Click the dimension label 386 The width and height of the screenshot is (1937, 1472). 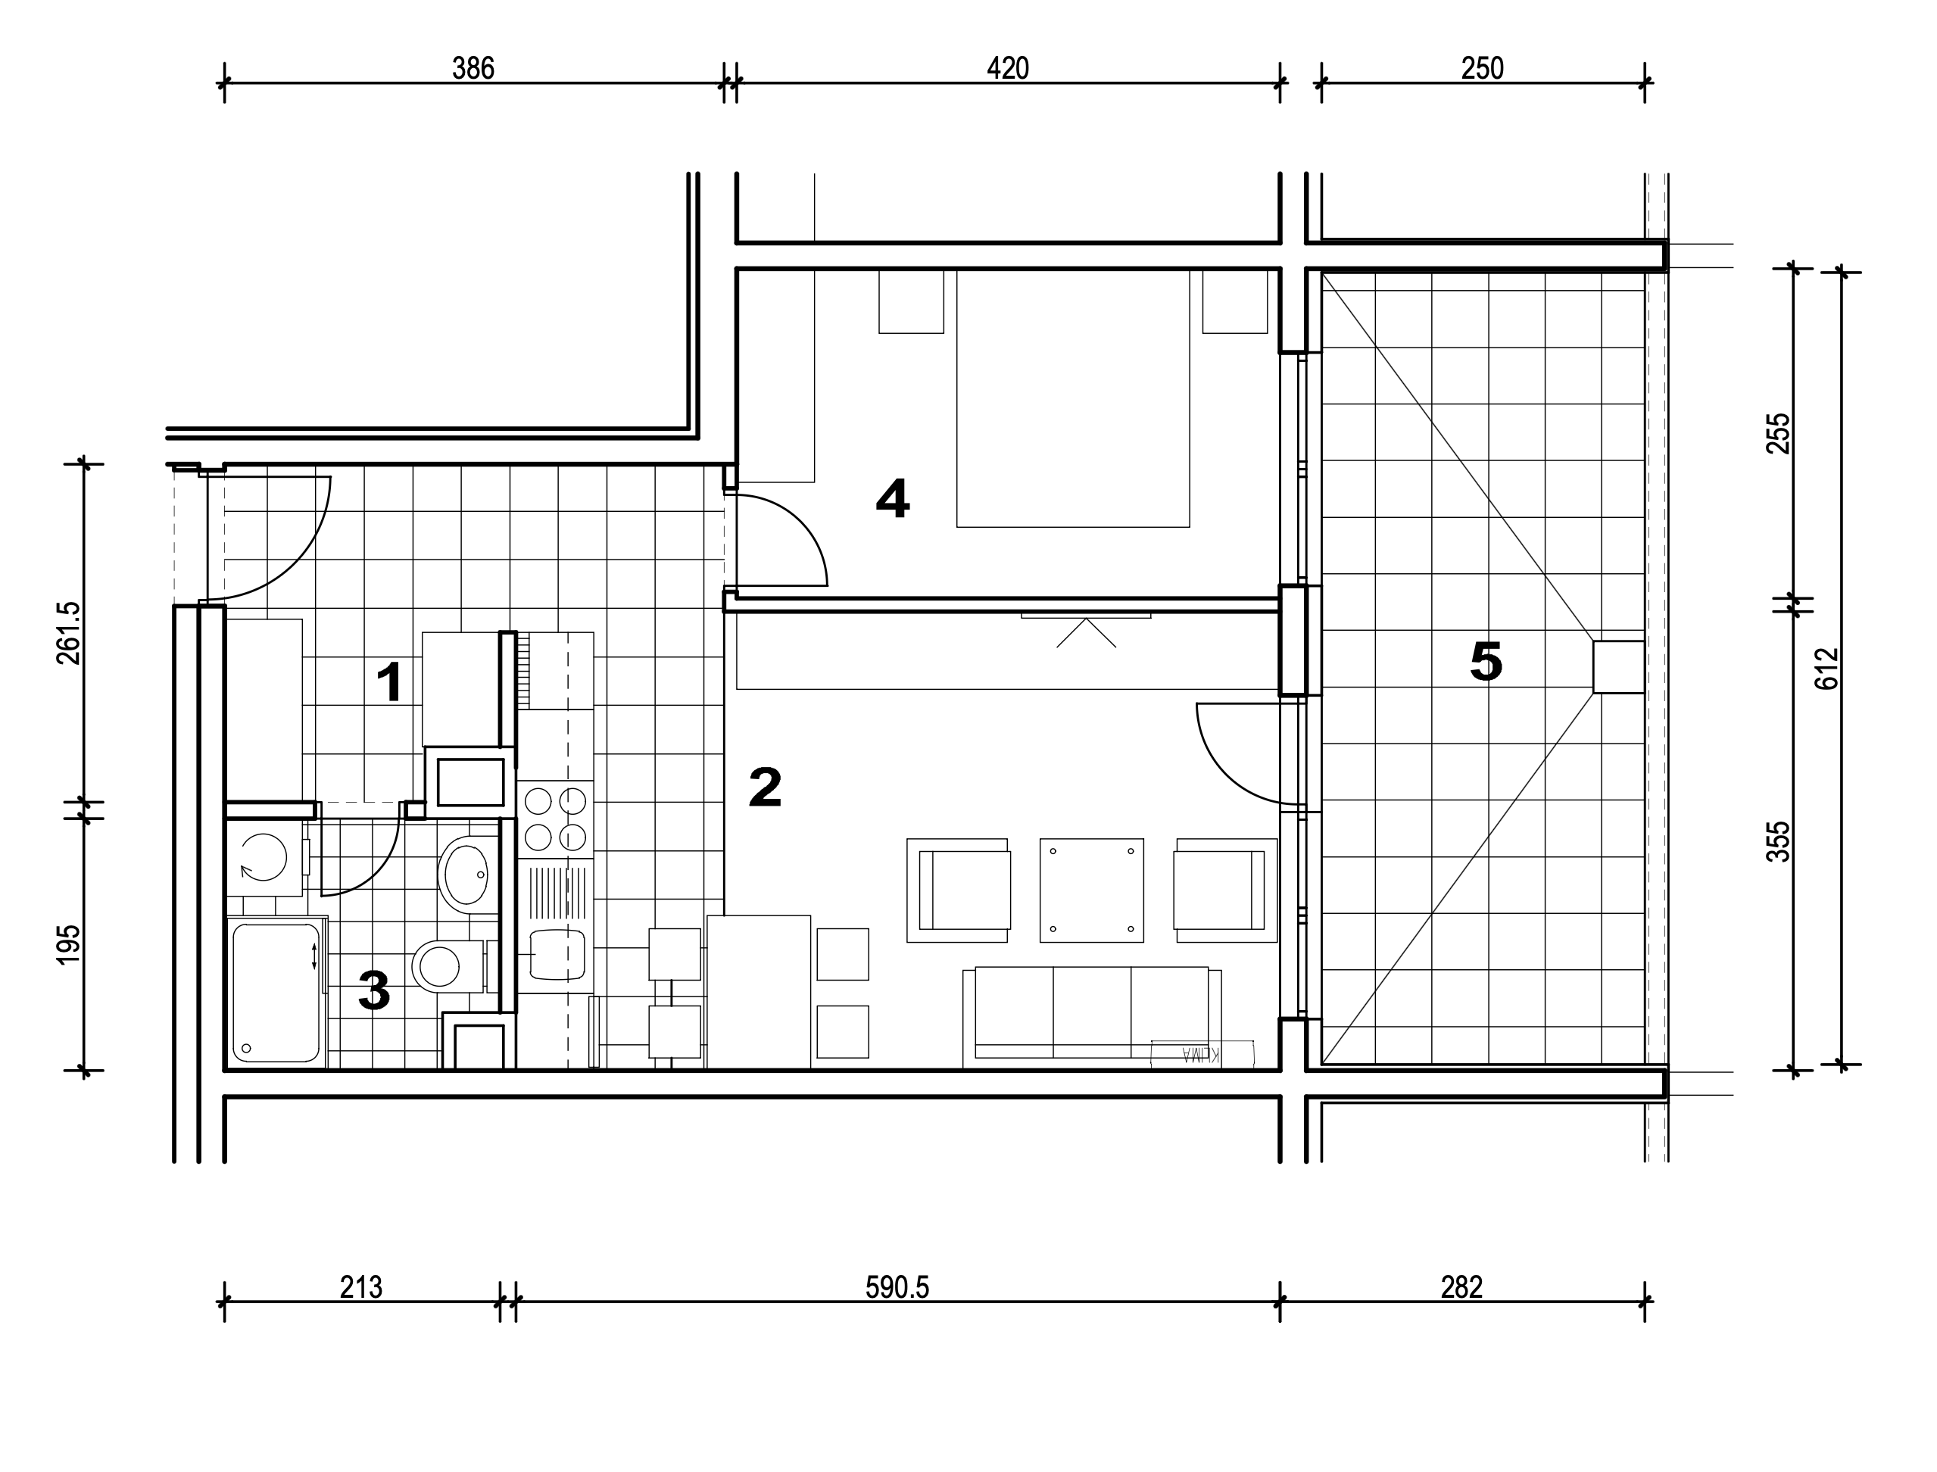[473, 68]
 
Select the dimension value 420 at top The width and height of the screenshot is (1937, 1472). [1007, 68]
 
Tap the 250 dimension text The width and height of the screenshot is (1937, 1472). [1483, 68]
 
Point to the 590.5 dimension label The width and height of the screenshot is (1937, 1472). [897, 1287]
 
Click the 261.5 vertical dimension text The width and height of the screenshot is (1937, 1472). [68, 632]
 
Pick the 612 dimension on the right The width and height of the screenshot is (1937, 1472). [1826, 669]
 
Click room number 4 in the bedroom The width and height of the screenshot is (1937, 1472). [893, 500]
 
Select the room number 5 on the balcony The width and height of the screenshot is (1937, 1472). [1486, 662]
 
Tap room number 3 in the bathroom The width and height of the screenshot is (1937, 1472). [374, 991]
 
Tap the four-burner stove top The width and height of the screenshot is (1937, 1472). [556, 819]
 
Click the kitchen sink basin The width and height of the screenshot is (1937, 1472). [557, 954]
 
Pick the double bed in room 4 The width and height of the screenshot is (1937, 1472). [1073, 398]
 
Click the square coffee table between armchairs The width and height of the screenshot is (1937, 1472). [1092, 890]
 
